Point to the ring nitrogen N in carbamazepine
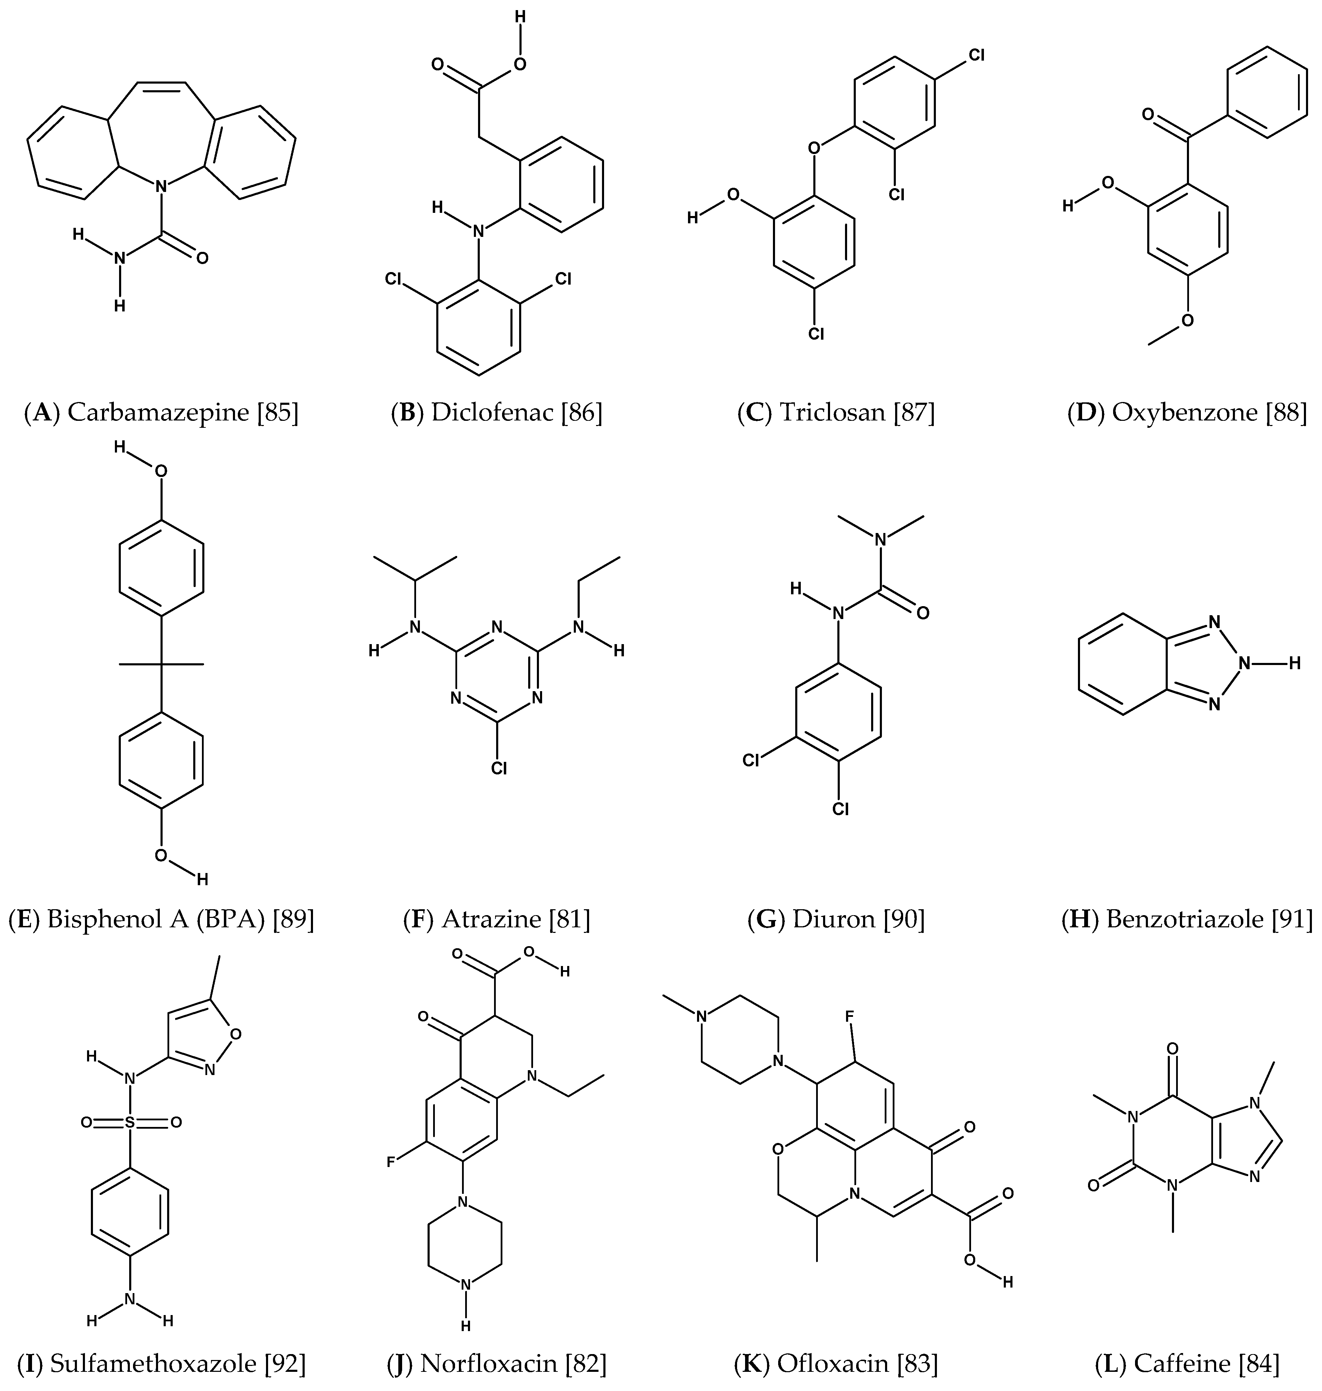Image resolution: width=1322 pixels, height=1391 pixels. (x=161, y=187)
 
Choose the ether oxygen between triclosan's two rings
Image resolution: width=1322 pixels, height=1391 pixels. (x=815, y=148)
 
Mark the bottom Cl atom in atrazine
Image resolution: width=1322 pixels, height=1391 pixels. (x=499, y=768)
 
